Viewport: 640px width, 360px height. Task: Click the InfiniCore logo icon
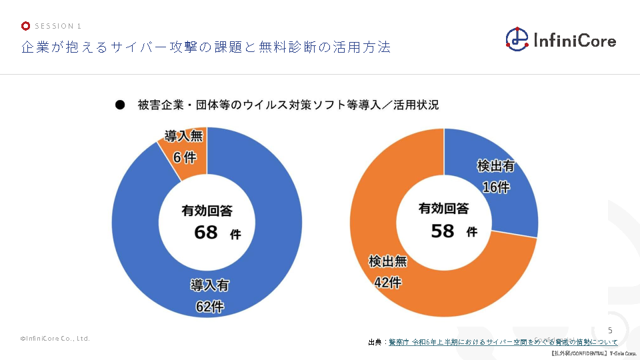point(517,39)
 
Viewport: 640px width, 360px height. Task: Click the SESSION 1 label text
point(58,26)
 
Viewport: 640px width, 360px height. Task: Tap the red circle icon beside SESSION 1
point(25,26)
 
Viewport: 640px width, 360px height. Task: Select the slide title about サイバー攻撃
point(205,47)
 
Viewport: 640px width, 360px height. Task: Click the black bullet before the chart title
point(120,105)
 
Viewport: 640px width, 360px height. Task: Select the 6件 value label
point(184,157)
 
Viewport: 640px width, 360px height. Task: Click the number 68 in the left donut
point(206,233)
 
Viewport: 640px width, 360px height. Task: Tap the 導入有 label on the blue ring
point(209,285)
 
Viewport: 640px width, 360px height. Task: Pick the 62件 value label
point(209,307)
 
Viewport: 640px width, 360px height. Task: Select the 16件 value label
point(495,187)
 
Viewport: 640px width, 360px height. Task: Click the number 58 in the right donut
point(443,231)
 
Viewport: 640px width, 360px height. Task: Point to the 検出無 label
point(387,261)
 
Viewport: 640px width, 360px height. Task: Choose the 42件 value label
point(387,283)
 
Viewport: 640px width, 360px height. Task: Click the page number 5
point(610,331)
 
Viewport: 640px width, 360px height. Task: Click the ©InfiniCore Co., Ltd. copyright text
point(55,339)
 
